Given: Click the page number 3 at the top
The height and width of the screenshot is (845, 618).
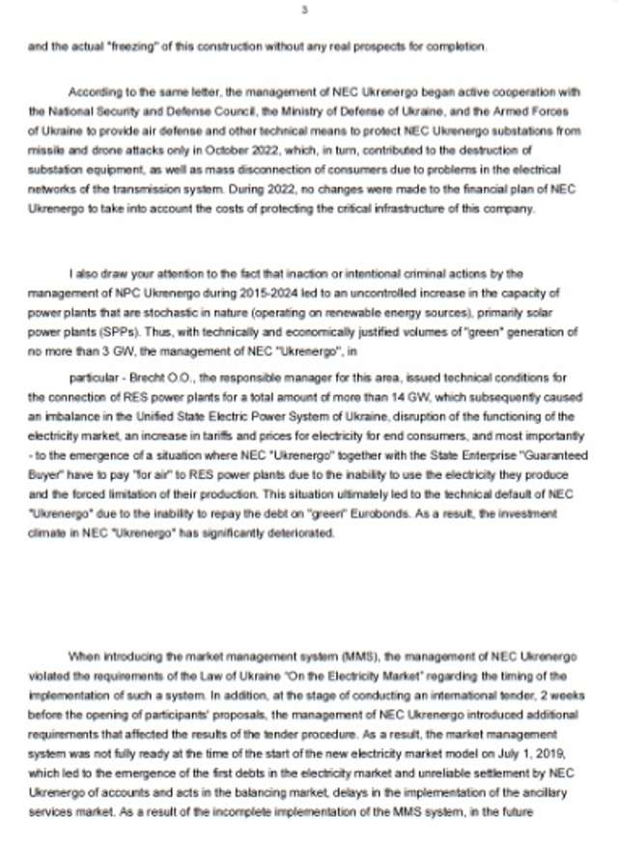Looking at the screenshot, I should tap(304, 11).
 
